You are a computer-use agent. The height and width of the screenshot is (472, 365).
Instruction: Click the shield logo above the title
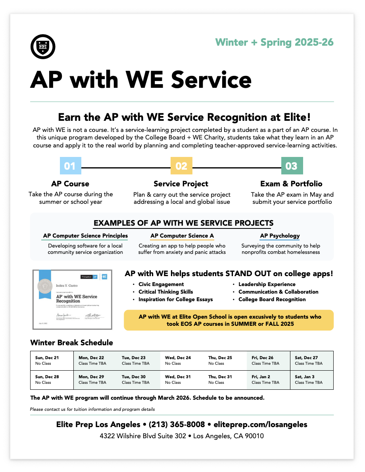click(43, 47)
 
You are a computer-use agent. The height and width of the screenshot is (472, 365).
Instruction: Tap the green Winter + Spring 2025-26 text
click(274, 43)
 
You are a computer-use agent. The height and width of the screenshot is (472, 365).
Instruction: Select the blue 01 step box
click(70, 166)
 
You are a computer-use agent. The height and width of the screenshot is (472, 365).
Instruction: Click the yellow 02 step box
click(181, 166)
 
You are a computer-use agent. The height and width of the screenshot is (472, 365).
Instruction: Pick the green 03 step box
click(292, 166)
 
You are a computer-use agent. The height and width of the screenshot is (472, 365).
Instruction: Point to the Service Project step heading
click(181, 184)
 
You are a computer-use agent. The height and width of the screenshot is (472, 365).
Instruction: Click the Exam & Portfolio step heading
click(291, 184)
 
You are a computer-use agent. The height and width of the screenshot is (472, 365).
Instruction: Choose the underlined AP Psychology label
click(280, 236)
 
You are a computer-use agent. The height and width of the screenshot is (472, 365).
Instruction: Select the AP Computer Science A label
click(182, 236)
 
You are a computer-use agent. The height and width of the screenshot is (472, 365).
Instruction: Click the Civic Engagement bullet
click(161, 284)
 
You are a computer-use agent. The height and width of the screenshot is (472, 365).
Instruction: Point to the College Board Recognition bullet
click(272, 300)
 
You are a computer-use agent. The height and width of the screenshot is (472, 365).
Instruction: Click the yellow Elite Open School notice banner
click(229, 320)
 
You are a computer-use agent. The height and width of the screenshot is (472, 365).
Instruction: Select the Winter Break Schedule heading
click(71, 342)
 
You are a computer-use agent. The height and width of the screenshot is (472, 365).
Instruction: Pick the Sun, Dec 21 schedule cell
click(52, 361)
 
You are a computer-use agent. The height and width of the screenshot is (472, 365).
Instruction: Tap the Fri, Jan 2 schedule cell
click(268, 380)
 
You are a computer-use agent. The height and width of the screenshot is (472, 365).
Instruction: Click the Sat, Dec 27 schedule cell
click(311, 361)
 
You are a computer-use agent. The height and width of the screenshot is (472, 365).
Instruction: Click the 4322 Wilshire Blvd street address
click(142, 436)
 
